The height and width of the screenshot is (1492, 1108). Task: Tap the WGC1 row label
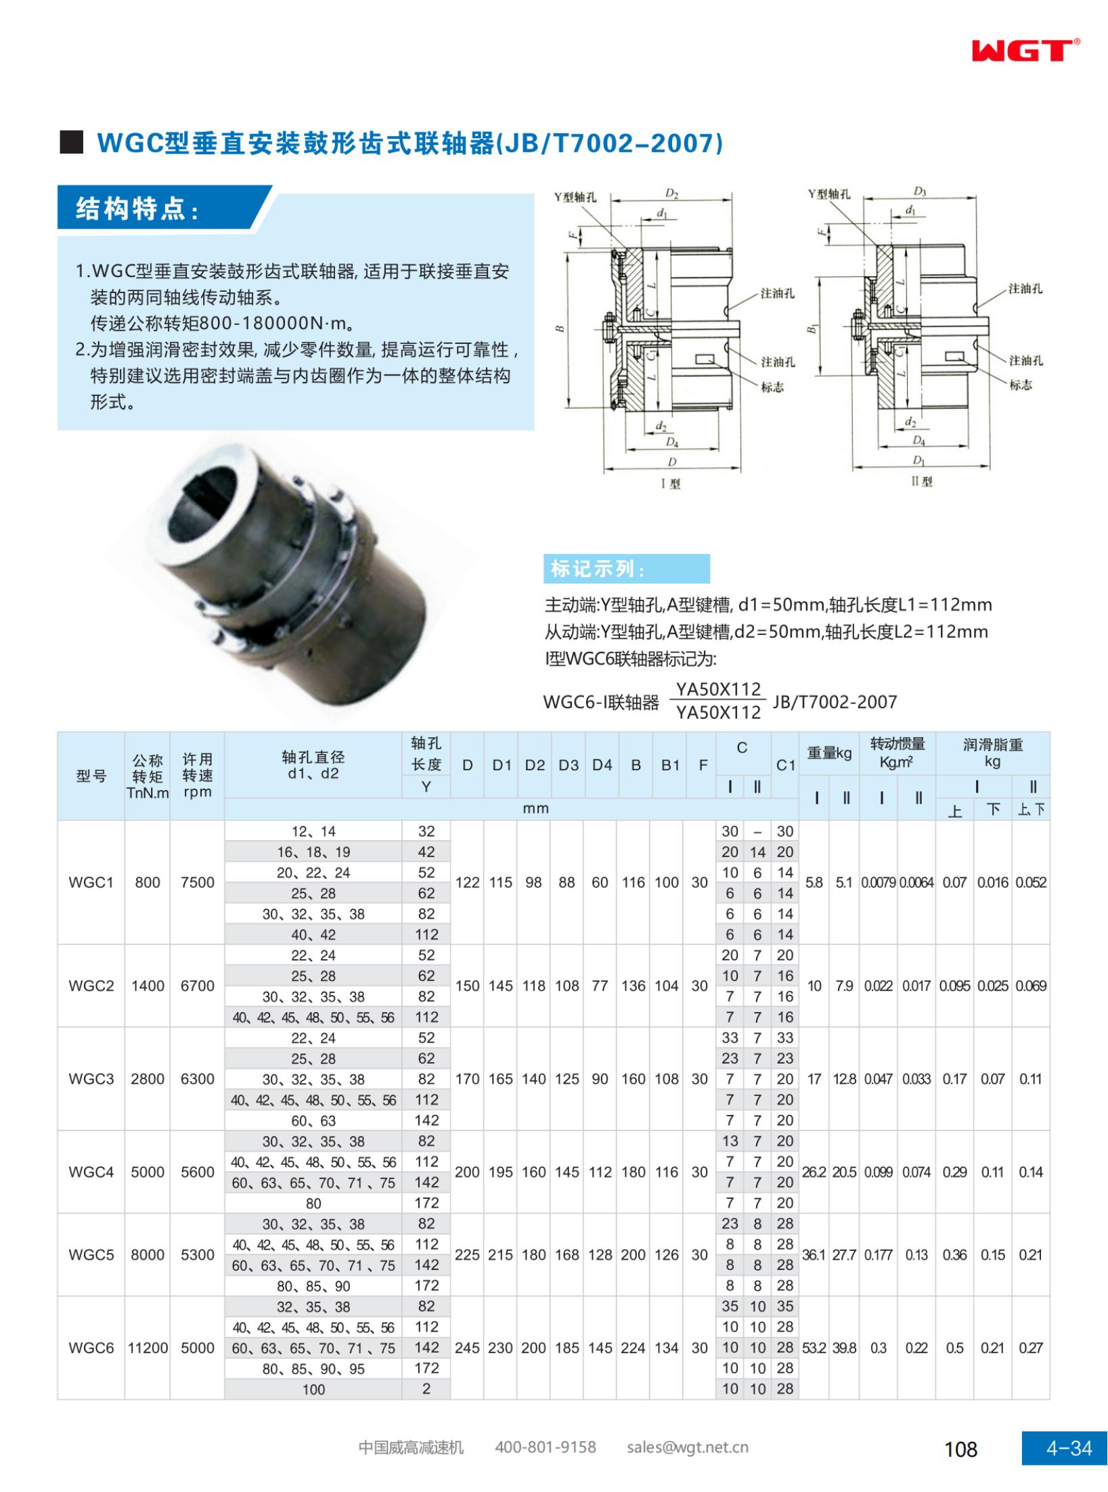pos(91,882)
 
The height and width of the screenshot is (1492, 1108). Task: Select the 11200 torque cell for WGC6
pos(148,1348)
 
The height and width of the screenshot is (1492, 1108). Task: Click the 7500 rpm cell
pos(197,882)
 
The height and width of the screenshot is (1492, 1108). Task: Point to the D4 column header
pos(602,765)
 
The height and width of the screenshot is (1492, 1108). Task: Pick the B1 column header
pos(670,765)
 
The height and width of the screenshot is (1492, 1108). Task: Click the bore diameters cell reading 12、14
pos(313,831)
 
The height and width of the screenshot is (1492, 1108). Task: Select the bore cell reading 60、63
pos(313,1120)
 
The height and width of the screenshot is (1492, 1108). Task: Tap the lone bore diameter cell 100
pos(313,1389)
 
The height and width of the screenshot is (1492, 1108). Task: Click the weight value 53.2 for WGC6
pos(814,1348)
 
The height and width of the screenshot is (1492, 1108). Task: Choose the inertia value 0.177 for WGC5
pos(878,1254)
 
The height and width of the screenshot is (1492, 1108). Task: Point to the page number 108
pos(960,1449)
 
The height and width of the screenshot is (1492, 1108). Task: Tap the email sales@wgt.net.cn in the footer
pos(687,1447)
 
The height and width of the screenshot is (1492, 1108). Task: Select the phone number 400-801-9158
pos(546,1447)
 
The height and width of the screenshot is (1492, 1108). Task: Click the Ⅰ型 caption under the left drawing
pos(671,483)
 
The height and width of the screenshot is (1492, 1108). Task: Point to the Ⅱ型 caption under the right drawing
pos(921,481)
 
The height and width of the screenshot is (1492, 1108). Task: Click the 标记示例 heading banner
pos(626,569)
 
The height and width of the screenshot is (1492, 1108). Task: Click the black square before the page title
pos(71,142)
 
